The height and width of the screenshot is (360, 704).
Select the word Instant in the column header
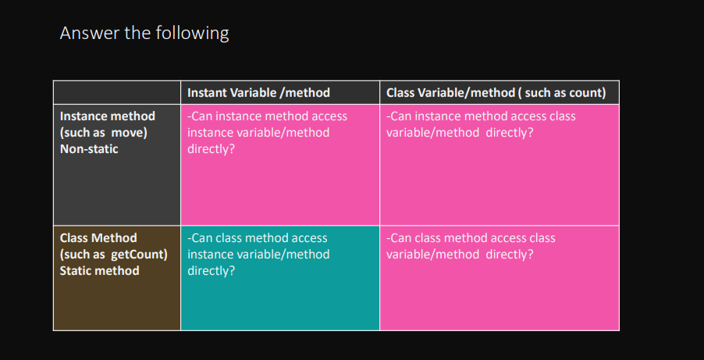coord(207,93)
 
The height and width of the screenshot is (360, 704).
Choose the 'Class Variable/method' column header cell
coord(500,93)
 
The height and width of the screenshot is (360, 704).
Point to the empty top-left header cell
coord(117,93)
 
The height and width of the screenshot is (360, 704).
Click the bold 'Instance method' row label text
coord(108,116)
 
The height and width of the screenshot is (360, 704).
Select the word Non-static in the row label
coord(89,149)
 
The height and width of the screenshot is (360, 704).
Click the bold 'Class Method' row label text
coord(98,237)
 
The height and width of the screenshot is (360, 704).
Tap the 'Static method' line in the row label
coord(100,270)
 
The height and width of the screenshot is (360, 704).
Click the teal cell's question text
coord(258,255)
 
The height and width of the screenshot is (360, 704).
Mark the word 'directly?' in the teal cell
coord(211,271)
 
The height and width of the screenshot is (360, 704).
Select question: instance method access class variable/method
coord(481,124)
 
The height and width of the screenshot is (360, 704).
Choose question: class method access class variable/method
coord(471,246)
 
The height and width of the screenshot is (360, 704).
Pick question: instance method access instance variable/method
coord(267,133)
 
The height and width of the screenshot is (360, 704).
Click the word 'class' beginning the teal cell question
coord(223,237)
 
